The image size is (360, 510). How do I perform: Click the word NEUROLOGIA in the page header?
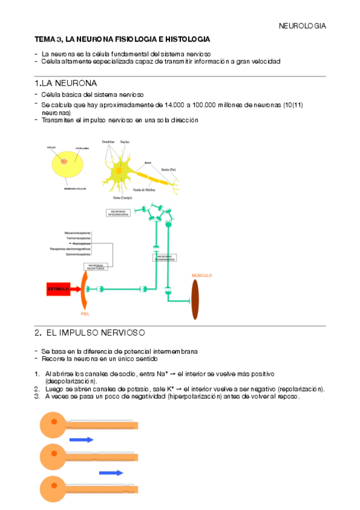pyautogui.click(x=302, y=26)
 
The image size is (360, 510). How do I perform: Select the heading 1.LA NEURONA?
pyautogui.click(x=66, y=83)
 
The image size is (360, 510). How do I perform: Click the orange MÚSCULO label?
pyautogui.click(x=201, y=275)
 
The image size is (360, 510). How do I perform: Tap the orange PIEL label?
pyautogui.click(x=85, y=313)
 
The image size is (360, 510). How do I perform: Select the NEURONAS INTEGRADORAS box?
pyautogui.click(x=118, y=213)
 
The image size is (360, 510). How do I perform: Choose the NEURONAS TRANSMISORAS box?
pyautogui.click(x=163, y=257)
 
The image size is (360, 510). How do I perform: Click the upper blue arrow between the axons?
pyautogui.click(x=81, y=440)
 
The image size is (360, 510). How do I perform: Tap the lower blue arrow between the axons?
pyautogui.click(x=111, y=472)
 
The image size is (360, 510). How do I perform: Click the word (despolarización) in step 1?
pyautogui.click(x=70, y=381)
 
